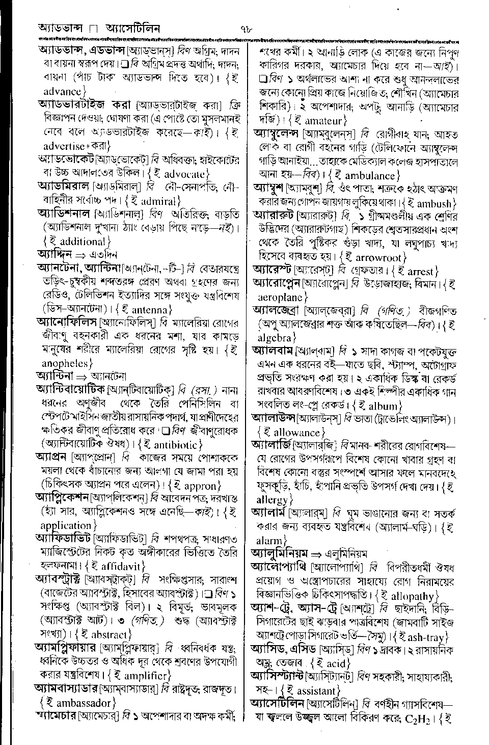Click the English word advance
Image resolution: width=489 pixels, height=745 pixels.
(62, 92)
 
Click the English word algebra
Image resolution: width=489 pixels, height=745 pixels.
(276, 337)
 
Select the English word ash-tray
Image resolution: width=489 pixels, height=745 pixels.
(425, 636)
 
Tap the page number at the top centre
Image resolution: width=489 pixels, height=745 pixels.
(246, 28)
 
